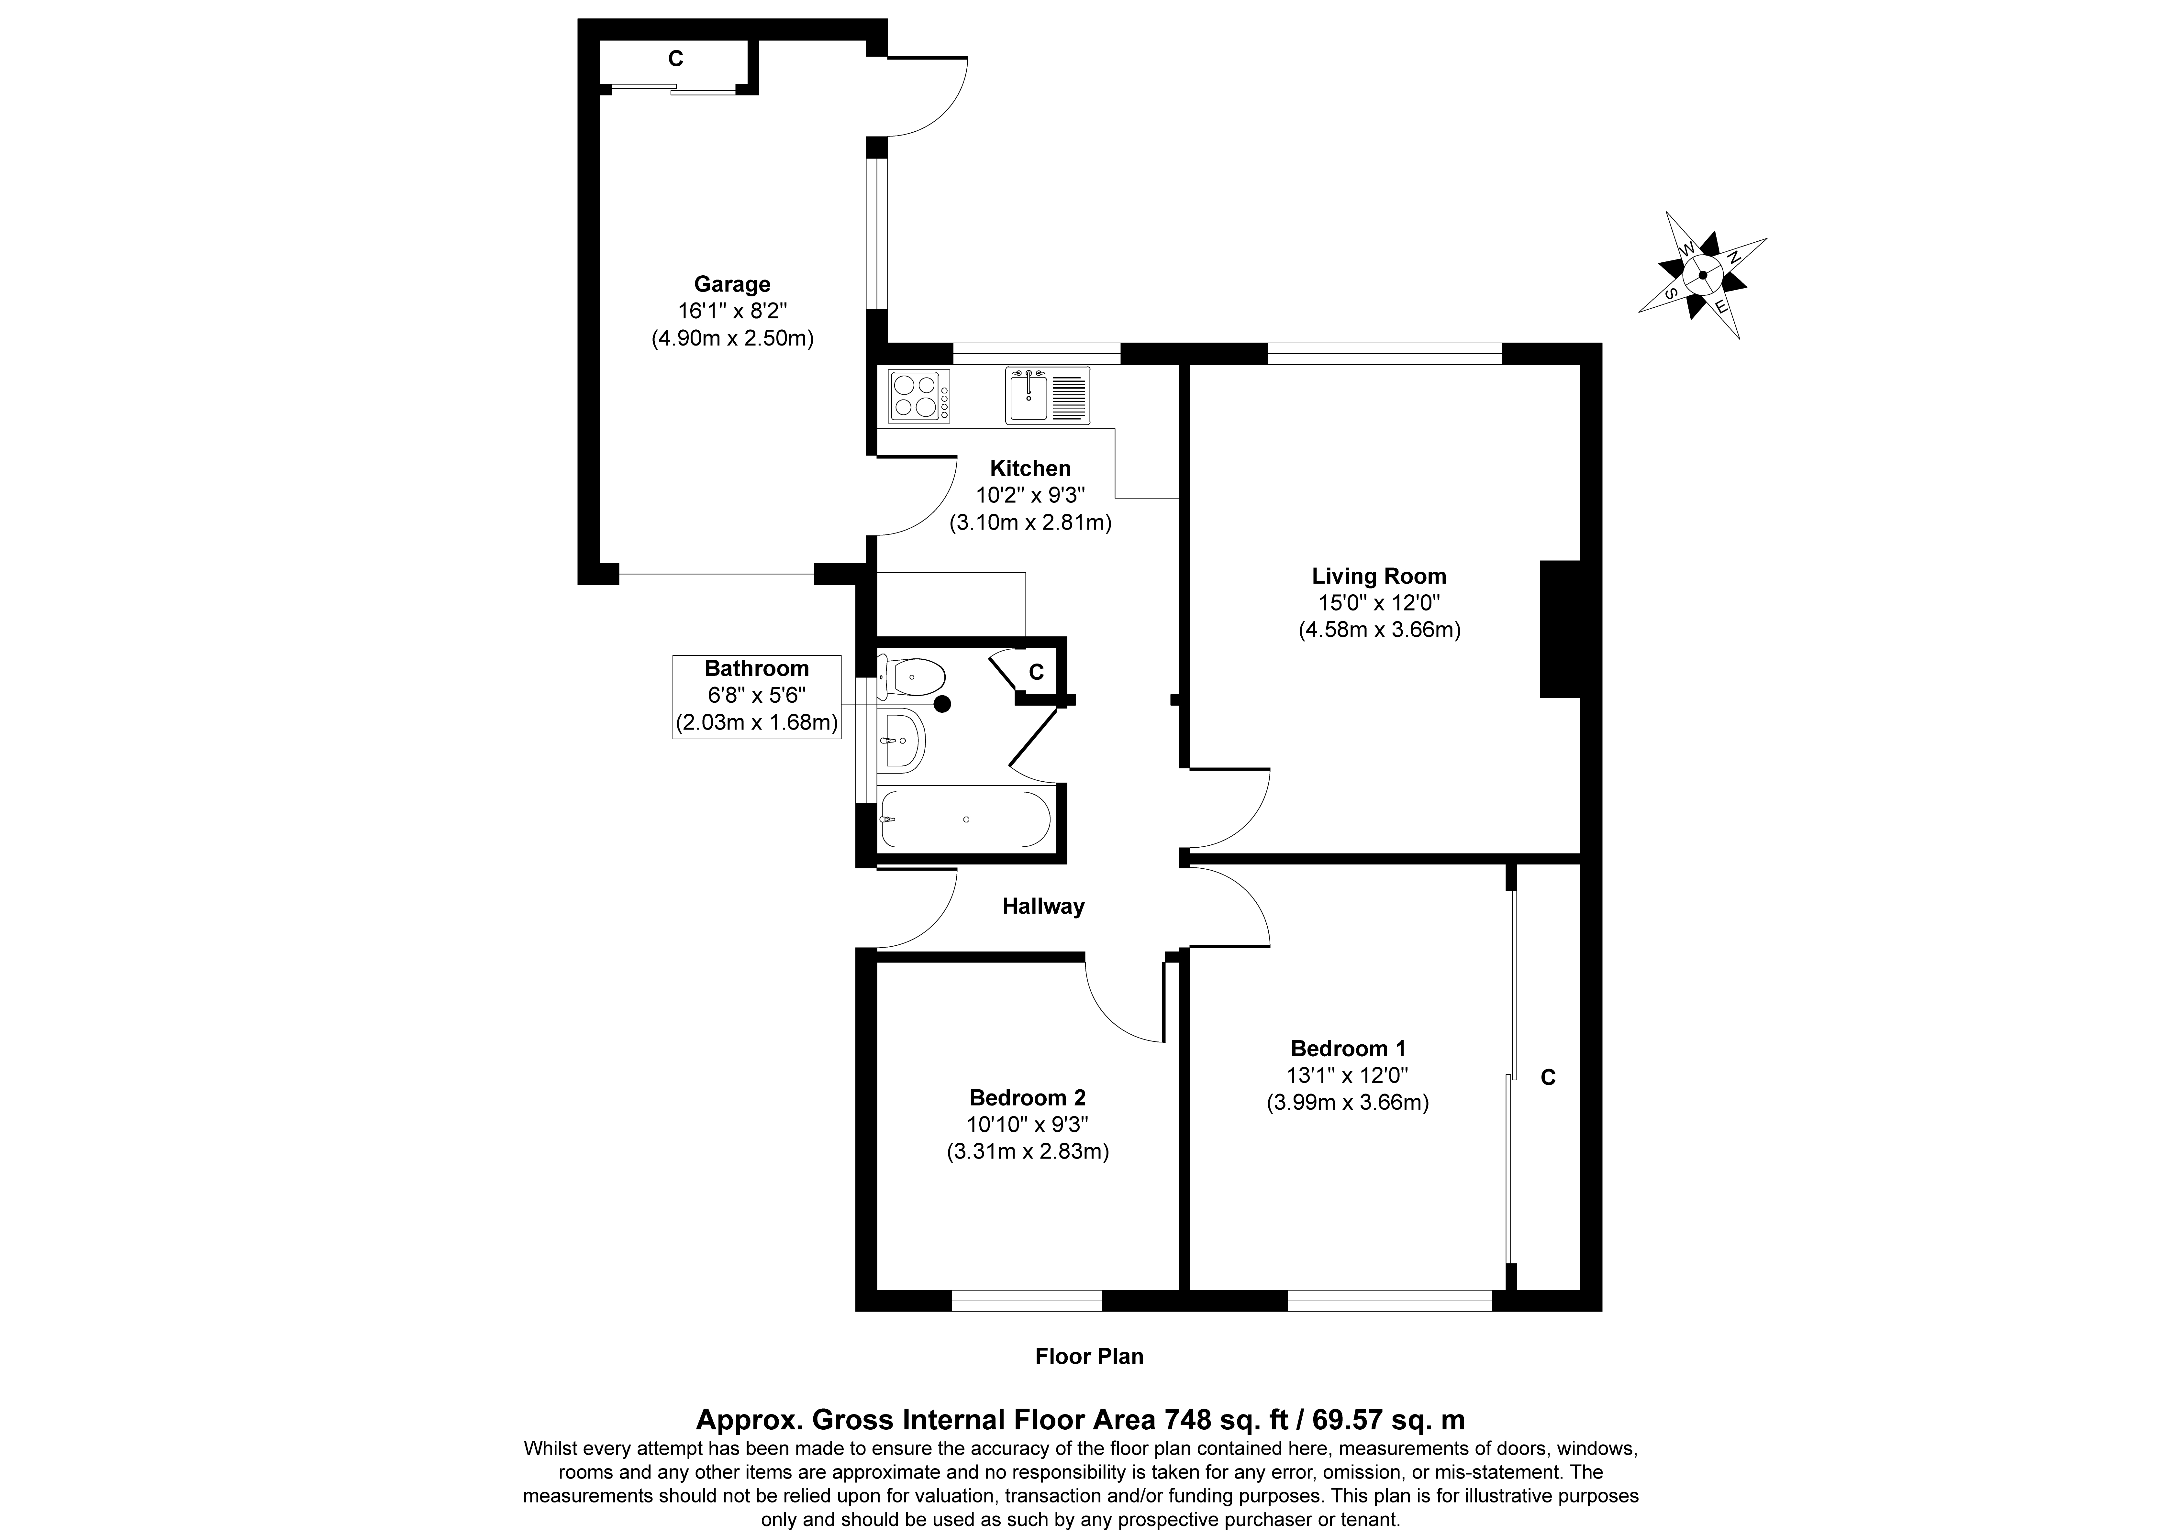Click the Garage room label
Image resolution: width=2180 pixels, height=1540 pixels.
pos(732,284)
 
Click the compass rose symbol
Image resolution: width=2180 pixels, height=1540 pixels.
pos(1702,275)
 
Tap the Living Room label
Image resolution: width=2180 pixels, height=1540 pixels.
pos(1379,576)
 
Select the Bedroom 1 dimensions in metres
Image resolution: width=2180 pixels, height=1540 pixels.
pos(1347,1102)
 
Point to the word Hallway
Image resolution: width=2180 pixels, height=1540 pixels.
pos(1043,907)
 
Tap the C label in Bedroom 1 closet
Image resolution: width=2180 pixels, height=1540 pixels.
pos(1548,1078)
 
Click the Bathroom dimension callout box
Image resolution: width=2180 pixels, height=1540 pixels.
pos(757,697)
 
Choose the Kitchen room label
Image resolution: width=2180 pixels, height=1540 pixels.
pos(1030,468)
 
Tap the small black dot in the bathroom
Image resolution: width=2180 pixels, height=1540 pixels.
pos(943,704)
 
